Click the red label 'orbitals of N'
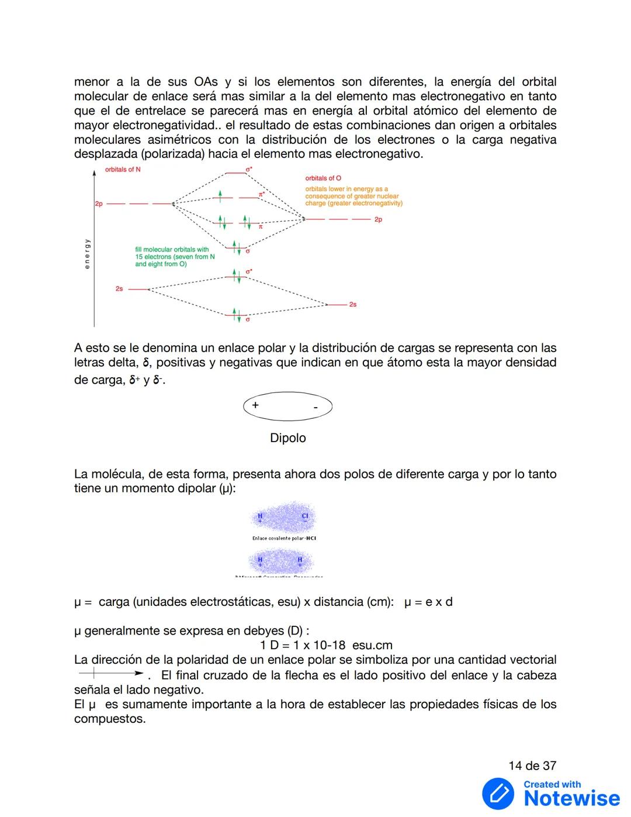click(x=123, y=170)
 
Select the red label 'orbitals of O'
click(x=323, y=178)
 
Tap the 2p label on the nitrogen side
click(x=99, y=204)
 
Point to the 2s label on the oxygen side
click(x=353, y=305)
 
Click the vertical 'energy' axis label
click(x=87, y=254)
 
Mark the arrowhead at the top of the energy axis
click(x=94, y=172)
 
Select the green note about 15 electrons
click(x=175, y=257)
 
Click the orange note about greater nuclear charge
click(x=353, y=197)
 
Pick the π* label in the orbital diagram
click(x=262, y=194)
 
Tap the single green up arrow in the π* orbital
click(x=220, y=197)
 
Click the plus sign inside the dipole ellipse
click(x=255, y=405)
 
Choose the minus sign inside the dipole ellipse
click(x=315, y=407)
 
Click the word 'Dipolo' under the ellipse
click(x=287, y=438)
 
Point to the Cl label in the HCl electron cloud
click(x=304, y=516)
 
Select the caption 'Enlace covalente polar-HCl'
click(x=284, y=538)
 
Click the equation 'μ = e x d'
click(x=428, y=602)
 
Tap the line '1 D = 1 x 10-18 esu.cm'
click(x=326, y=645)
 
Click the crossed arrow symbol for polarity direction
click(x=110, y=674)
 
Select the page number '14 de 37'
click(x=532, y=766)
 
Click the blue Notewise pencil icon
click(x=498, y=794)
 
